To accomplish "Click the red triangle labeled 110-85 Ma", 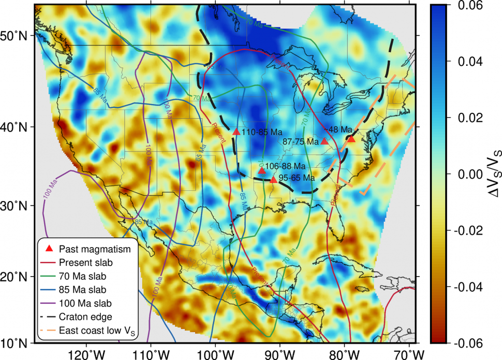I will pyautogui.click(x=236, y=132).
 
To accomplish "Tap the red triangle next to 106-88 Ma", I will pyautogui.click(x=262, y=170).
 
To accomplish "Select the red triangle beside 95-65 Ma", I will pyautogui.click(x=274, y=179).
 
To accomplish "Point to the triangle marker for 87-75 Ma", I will pyautogui.click(x=324, y=141).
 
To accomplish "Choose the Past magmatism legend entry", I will pyautogui.click(x=94, y=249).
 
